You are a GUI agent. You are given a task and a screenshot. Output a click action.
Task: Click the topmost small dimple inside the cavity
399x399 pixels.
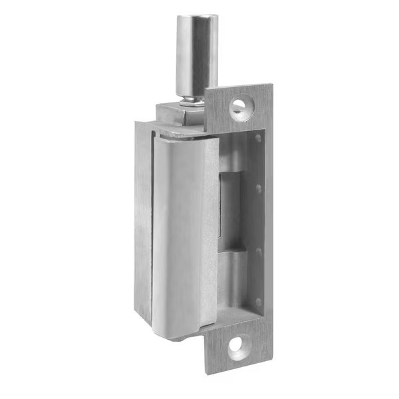[257, 139]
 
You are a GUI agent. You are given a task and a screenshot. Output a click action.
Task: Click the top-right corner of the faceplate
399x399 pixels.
[272, 84]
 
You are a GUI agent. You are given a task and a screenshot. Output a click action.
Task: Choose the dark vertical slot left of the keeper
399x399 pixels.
[152, 226]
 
